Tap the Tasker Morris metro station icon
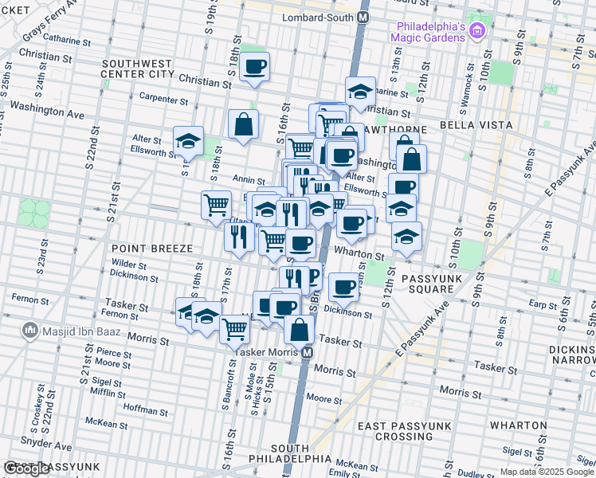[x=306, y=352]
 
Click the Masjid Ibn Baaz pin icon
[x=29, y=329]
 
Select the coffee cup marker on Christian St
[x=255, y=67]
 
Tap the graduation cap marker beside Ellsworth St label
[x=188, y=141]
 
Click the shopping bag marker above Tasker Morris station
[x=299, y=328]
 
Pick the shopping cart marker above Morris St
[x=234, y=327]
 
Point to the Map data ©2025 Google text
[x=547, y=472]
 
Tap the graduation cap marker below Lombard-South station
[x=360, y=91]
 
